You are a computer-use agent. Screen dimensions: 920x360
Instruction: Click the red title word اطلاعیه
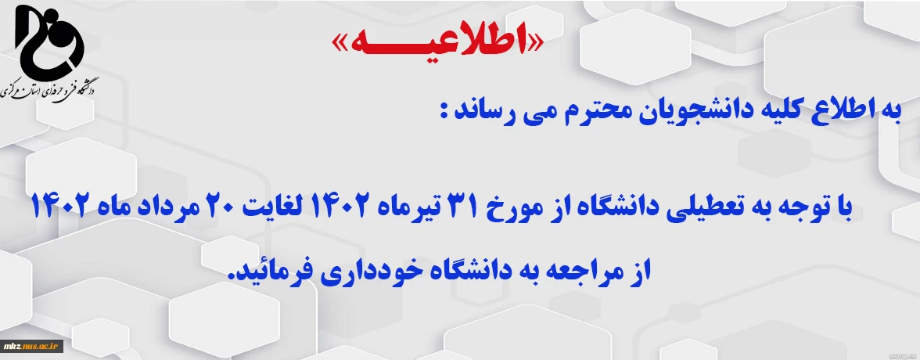(437, 43)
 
